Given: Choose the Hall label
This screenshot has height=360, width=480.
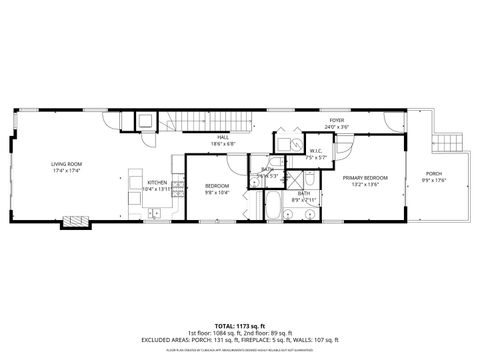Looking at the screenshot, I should [x=223, y=138].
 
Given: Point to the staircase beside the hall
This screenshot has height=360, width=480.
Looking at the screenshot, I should [x=191, y=122].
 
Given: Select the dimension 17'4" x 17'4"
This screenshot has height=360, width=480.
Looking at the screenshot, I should [x=67, y=171].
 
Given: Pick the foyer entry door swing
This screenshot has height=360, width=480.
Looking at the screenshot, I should [x=346, y=149].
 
